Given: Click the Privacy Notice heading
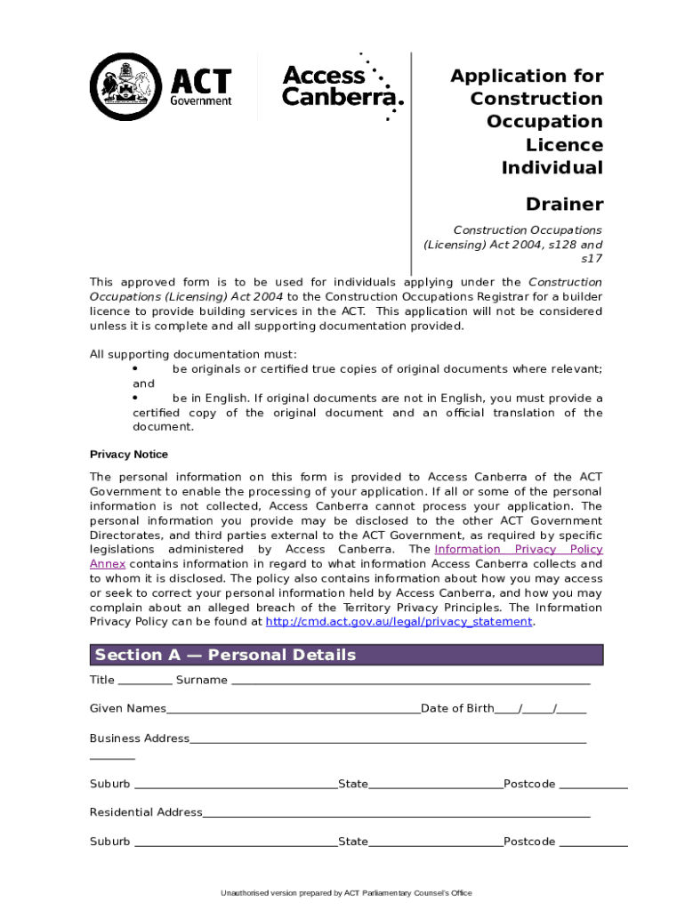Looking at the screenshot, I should point(129,455).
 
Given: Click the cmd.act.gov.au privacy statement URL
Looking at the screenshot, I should point(399,622).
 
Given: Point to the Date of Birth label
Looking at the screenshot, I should point(456,708).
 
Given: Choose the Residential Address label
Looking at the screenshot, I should point(146,812).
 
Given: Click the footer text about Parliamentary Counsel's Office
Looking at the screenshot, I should point(346,892).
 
